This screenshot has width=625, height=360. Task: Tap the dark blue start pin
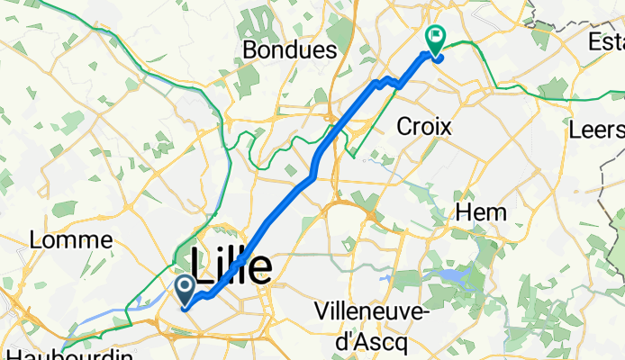185,290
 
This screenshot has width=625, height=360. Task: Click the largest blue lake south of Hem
448,275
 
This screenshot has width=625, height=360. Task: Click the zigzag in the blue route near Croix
387,83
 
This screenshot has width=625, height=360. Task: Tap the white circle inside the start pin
185,287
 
